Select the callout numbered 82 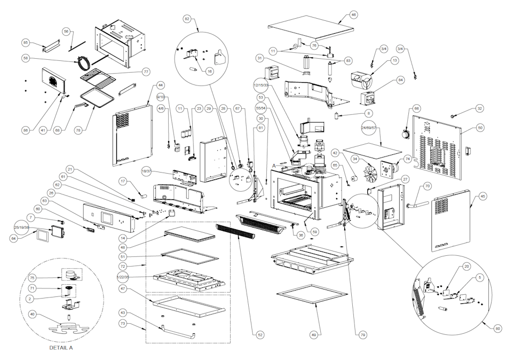(187, 19)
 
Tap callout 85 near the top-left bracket (25, 43)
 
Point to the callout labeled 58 (25, 58)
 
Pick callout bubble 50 (480, 128)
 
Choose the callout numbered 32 (480, 108)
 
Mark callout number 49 (314, 334)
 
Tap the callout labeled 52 (260, 334)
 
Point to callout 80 (498, 328)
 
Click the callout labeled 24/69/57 (368, 129)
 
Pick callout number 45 (483, 197)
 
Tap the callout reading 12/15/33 (263, 85)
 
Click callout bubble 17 (123, 182)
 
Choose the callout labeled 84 (400, 81)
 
